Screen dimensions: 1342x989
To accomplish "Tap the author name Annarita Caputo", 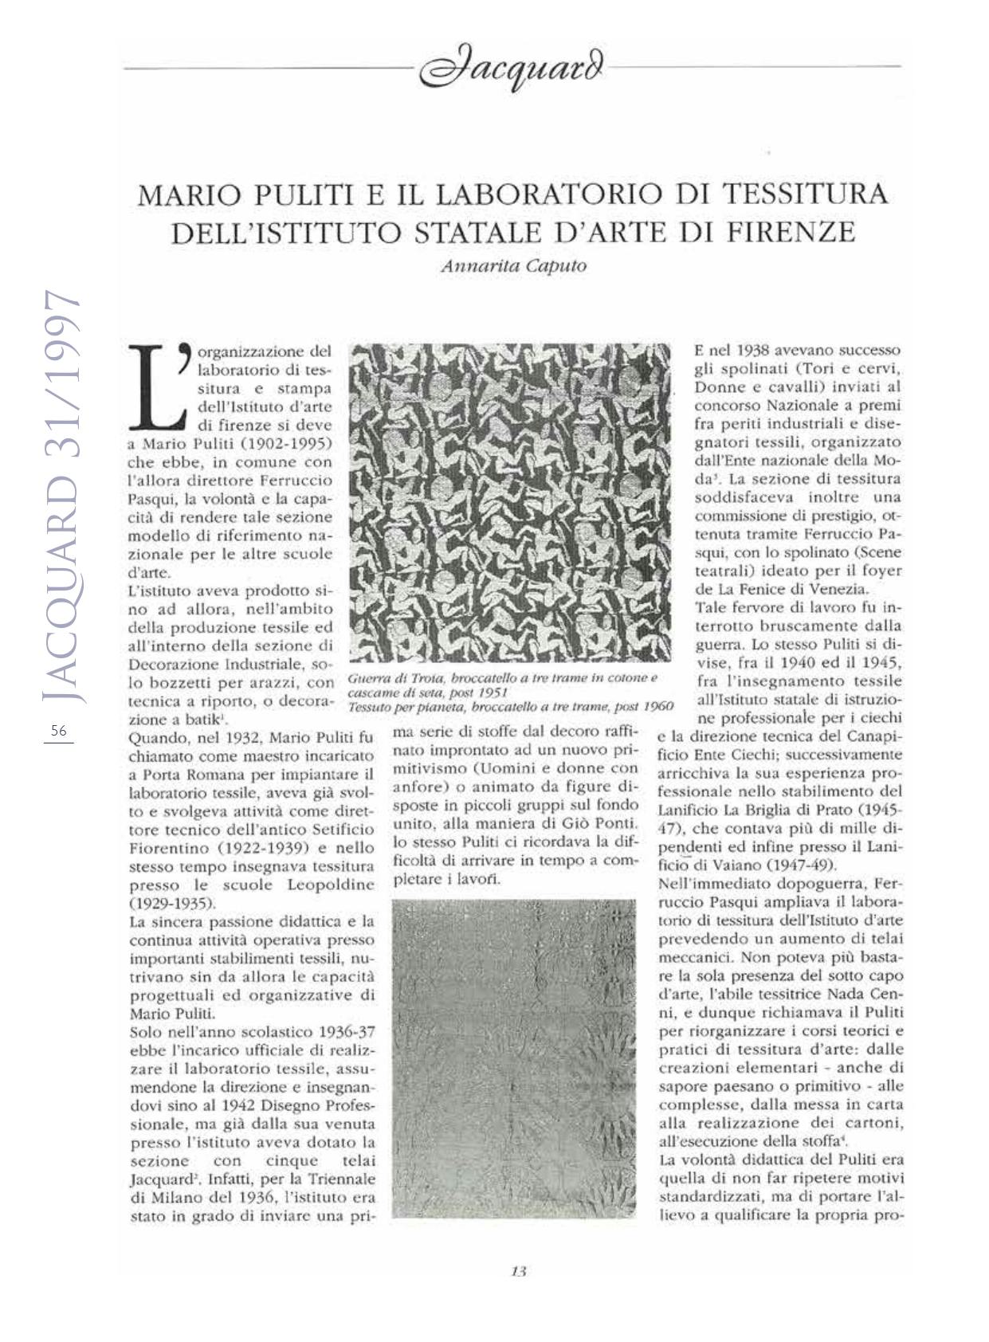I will point(513,267).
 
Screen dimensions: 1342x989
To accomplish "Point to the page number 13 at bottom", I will point(518,1271).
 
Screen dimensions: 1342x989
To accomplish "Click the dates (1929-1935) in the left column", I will point(171,904).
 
